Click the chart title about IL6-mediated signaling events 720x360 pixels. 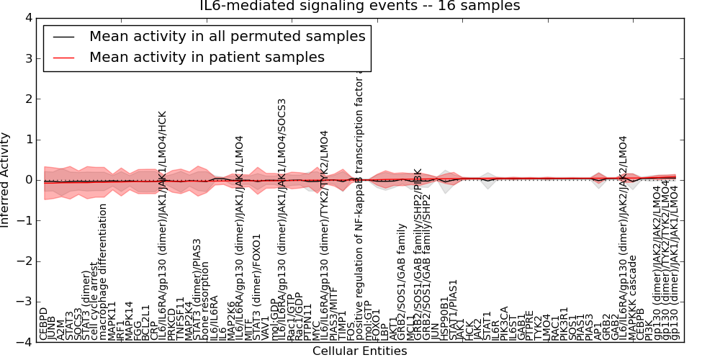pos(359,6)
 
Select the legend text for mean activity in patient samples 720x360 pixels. pos(207,57)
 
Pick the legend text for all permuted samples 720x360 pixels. pos(227,36)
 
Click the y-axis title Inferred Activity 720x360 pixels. pos(6,180)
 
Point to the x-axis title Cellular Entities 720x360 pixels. pos(359,351)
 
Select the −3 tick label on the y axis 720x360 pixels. pos(25,302)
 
